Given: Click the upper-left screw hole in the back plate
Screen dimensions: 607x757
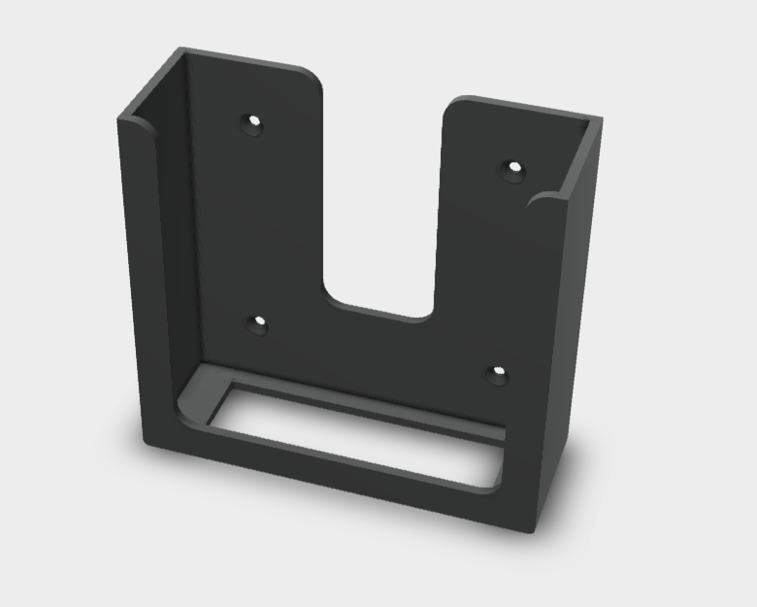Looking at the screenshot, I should [253, 124].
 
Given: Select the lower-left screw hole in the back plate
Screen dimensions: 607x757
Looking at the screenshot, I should [258, 324].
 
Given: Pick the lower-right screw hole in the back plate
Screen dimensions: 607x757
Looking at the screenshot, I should [497, 374].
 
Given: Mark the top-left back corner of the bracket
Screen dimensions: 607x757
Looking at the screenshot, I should [179, 51].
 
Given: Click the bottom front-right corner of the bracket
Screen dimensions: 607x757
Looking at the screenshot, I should [532, 530].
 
